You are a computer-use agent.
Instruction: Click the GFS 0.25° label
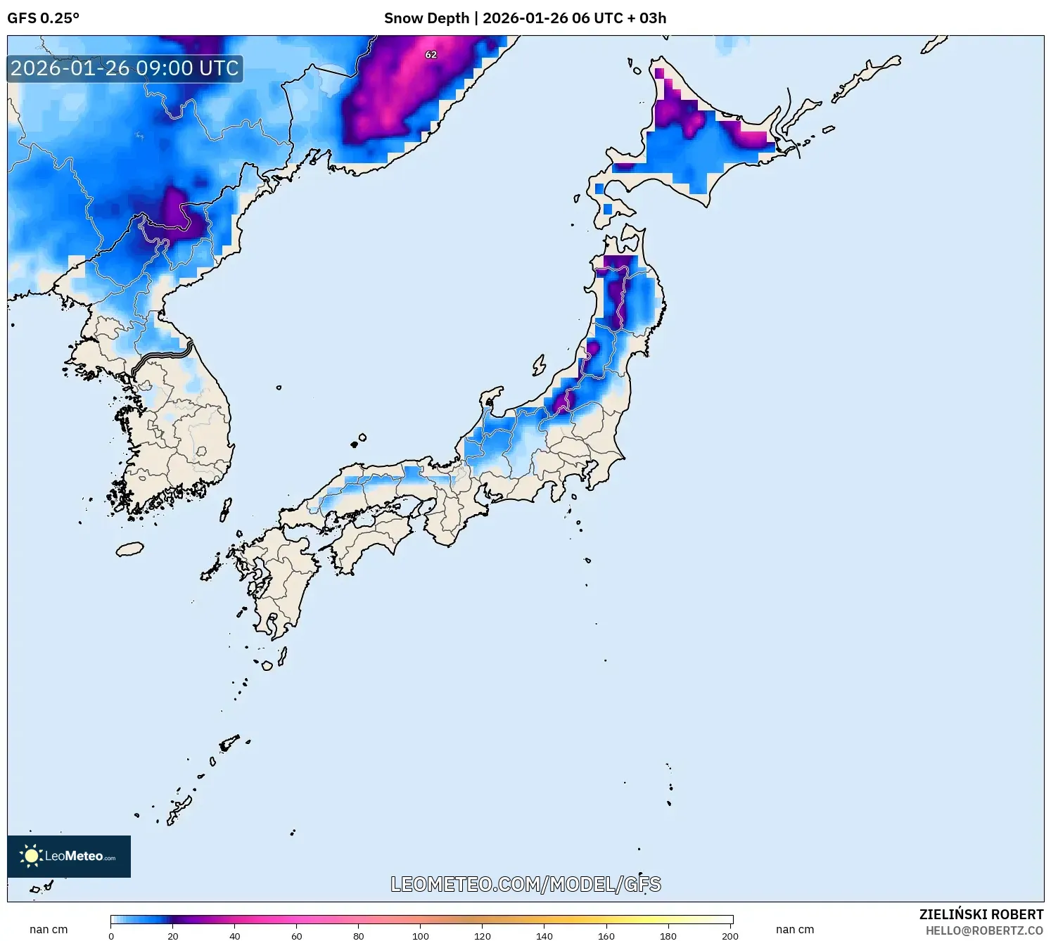point(43,18)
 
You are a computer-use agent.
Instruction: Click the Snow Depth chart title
point(525,18)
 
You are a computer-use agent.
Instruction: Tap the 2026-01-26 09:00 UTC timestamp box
point(125,68)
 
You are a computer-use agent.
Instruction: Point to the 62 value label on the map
point(431,54)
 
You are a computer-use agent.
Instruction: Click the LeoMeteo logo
point(69,856)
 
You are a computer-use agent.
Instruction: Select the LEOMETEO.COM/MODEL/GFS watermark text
point(525,884)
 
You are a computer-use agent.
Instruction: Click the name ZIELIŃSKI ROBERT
point(981,914)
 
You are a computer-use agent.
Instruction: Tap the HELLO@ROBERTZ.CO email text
point(983,930)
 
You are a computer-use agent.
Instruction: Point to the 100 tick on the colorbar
point(421,935)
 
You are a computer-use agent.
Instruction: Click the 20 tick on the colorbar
point(173,935)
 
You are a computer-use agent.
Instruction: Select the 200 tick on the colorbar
point(730,935)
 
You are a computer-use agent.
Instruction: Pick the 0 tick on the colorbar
point(111,935)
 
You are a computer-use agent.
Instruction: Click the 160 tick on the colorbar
point(606,935)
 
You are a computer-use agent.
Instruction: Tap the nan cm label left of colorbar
point(49,929)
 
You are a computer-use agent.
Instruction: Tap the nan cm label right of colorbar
point(795,929)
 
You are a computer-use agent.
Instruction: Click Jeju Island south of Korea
point(129,549)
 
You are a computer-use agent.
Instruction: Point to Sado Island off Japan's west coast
point(539,365)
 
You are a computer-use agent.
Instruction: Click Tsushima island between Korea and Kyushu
point(226,508)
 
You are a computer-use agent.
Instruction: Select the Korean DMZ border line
point(162,356)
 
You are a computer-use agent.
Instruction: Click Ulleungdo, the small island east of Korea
point(279,387)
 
